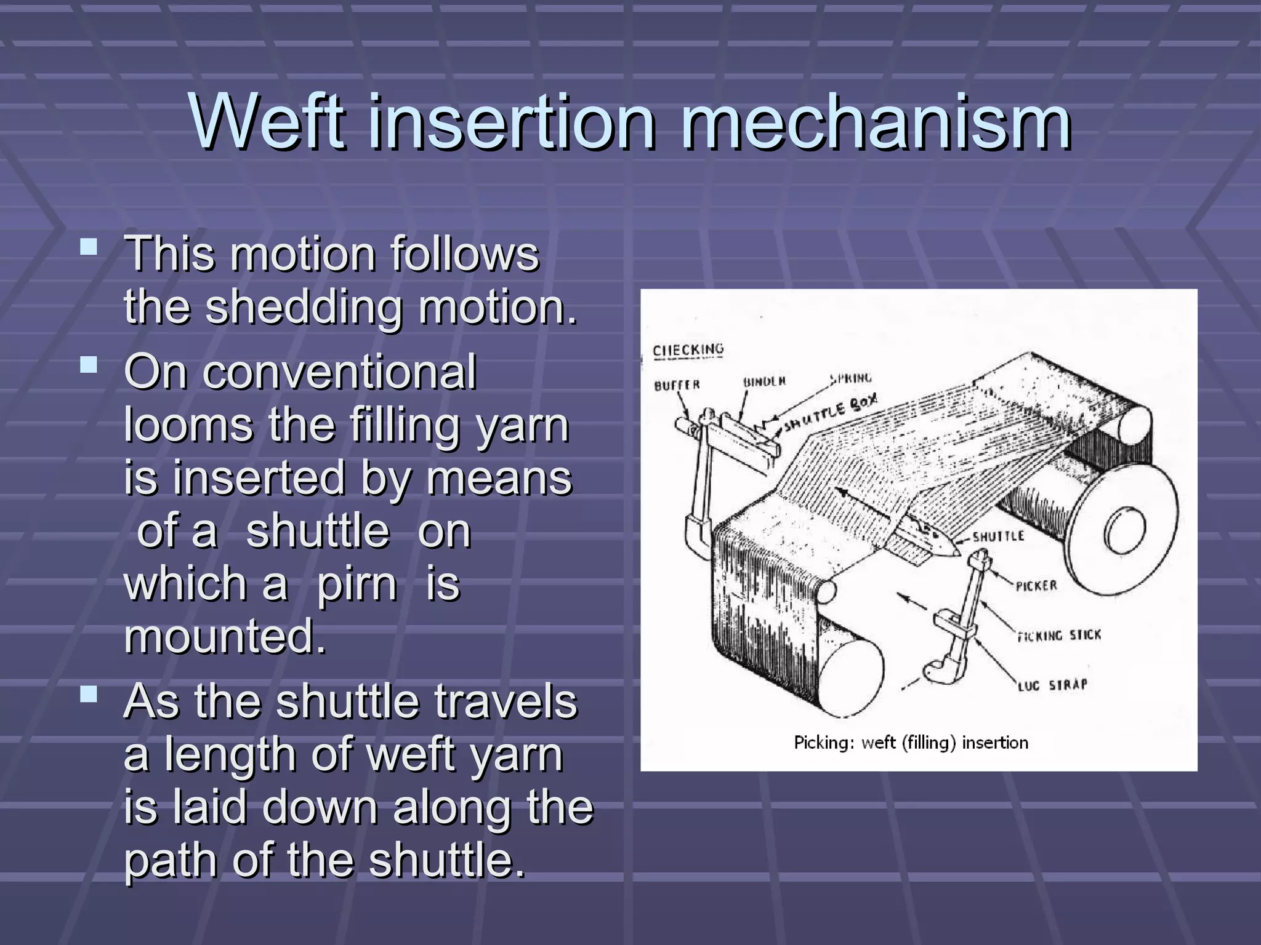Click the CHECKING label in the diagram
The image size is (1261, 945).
[688, 350]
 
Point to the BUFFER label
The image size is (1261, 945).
[677, 386]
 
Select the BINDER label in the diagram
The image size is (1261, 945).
[764, 381]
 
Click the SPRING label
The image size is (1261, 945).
[851, 378]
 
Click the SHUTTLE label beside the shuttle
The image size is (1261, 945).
[998, 536]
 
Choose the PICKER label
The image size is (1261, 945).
[1036, 586]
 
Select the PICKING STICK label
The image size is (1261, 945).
[1058, 635]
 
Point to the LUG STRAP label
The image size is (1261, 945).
[1052, 685]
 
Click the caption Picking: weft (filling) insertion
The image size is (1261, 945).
[911, 743]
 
